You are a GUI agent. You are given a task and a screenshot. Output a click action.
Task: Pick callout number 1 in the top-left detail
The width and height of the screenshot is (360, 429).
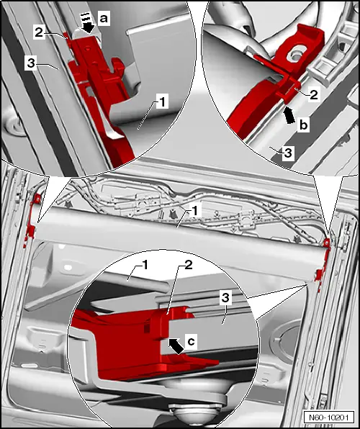[163, 102]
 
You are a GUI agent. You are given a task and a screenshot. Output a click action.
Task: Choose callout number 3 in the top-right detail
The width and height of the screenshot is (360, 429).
[287, 153]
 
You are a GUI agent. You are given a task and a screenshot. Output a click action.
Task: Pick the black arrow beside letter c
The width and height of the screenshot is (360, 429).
[175, 346]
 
